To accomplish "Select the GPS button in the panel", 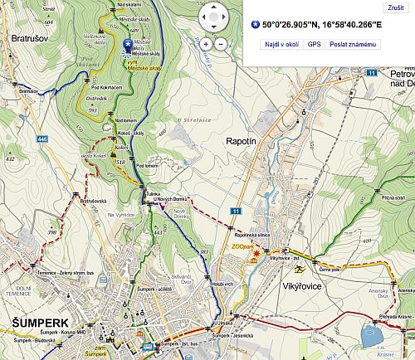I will point(314,43).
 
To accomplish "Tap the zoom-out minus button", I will point(221,41).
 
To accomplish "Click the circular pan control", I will point(213,16).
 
